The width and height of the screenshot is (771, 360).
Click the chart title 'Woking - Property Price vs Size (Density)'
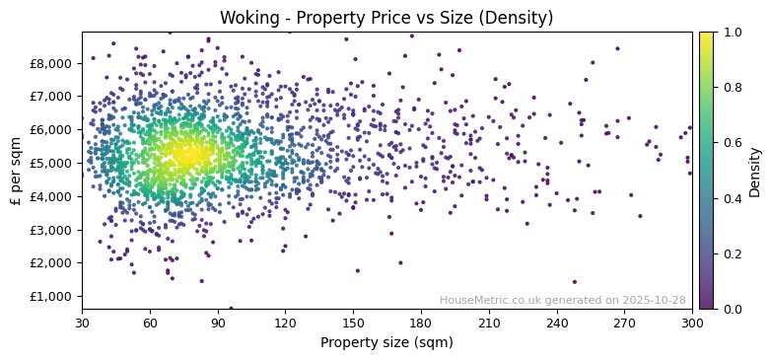(386, 18)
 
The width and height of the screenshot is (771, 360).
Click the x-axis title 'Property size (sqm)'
(386, 343)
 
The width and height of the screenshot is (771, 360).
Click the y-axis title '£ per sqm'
(16, 171)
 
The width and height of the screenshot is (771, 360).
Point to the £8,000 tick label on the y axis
(51, 63)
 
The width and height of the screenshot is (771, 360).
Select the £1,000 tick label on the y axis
(51, 296)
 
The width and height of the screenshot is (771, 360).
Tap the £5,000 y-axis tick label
(51, 163)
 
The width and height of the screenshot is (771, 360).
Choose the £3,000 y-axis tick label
(51, 230)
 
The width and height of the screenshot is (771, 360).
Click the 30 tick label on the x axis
(82, 323)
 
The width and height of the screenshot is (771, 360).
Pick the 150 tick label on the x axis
(353, 323)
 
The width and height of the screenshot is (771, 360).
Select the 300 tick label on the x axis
(692, 323)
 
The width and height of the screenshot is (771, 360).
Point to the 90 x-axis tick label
(218, 323)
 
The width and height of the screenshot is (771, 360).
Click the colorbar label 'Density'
(755, 171)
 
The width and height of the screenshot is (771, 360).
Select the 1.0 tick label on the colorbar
(730, 33)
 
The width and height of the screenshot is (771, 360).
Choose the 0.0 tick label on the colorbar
(730, 309)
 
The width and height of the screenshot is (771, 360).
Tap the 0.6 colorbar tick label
(730, 143)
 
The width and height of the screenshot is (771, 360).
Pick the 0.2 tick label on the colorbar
(730, 253)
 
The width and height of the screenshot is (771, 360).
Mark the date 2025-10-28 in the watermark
(655, 301)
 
